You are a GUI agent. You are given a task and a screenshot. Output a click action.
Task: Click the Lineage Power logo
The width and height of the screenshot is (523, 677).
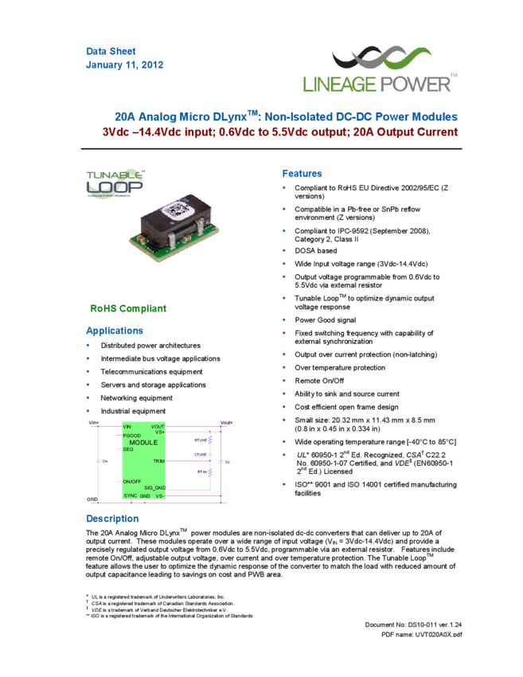tap(380, 68)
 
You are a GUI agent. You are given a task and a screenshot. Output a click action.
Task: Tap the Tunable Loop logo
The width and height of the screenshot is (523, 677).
tap(115, 183)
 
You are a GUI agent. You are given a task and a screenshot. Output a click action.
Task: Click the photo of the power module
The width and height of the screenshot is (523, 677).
tap(174, 228)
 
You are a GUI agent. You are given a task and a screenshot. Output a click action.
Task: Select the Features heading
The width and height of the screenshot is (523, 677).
tap(302, 174)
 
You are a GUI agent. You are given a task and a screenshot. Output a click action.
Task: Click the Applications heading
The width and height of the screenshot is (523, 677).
tap(115, 331)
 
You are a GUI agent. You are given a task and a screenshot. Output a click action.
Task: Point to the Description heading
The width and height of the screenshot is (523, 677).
tap(112, 519)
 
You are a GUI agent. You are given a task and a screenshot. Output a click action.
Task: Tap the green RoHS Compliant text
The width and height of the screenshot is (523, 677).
tap(128, 308)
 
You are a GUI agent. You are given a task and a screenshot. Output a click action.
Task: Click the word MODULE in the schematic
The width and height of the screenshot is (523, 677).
tap(143, 442)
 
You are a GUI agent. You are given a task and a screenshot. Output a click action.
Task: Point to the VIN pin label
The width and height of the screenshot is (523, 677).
tap(127, 427)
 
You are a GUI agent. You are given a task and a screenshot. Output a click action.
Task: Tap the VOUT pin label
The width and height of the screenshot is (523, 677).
tap(158, 427)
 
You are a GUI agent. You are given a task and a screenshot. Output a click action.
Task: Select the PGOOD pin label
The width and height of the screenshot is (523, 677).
tap(132, 436)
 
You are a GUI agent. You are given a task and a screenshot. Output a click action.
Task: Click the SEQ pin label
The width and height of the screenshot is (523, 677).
tap(127, 448)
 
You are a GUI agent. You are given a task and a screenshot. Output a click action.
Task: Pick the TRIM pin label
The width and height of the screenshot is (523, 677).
tap(158, 461)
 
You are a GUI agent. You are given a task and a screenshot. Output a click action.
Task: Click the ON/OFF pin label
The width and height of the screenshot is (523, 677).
tap(132, 482)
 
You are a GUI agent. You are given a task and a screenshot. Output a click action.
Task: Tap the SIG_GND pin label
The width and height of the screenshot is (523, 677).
tap(154, 487)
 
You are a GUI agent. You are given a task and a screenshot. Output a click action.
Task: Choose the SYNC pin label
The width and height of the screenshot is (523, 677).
tap(131, 496)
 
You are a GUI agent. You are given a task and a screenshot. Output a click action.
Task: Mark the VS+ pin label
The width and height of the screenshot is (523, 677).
tap(159, 432)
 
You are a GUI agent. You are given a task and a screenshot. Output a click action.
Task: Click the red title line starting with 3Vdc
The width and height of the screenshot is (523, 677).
tap(279, 132)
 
